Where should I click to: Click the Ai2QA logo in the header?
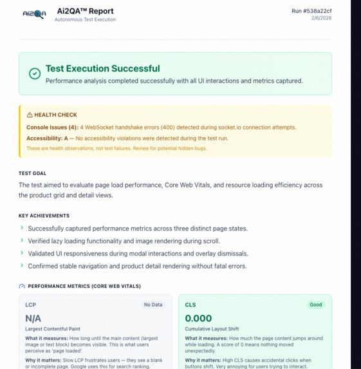[34, 14]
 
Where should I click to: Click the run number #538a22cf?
[311, 11]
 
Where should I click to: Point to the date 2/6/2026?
[321, 19]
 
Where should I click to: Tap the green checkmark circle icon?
[35, 74]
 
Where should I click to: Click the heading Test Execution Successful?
[102, 68]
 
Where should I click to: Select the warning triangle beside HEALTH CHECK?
[30, 115]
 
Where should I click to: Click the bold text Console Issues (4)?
[52, 128]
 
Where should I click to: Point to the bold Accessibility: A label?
[47, 138]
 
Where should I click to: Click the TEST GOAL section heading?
[32, 173]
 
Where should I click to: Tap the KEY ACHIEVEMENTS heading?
[44, 216]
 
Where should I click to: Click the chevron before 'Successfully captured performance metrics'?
[22, 228]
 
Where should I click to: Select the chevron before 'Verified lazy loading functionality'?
[22, 241]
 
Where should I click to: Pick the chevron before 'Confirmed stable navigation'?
[22, 266]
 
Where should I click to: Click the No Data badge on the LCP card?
[153, 305]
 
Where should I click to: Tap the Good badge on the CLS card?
[315, 305]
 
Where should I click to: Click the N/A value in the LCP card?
[33, 318]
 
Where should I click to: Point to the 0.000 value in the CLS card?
[198, 318]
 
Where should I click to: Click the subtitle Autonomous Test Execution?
[85, 20]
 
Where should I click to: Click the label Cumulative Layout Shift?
[212, 329]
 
